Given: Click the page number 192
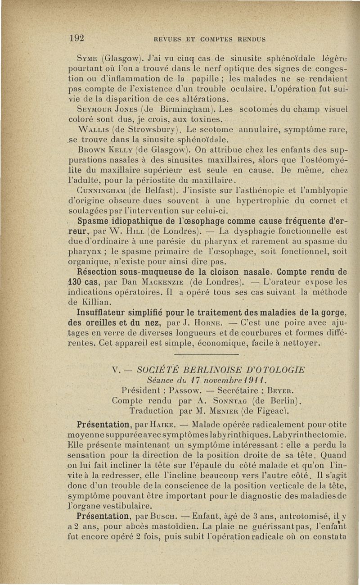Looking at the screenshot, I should (77, 38).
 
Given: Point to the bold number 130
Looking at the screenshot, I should (71, 282).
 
